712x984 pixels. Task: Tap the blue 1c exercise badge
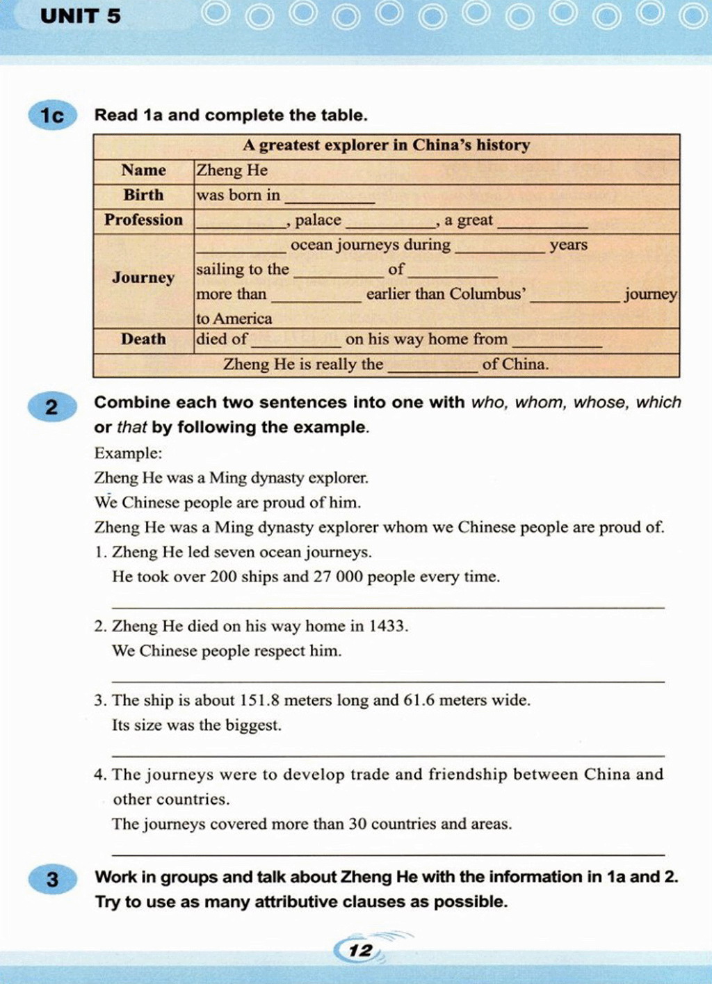52,115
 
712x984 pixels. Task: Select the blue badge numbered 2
52,407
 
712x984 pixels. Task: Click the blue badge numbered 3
52,880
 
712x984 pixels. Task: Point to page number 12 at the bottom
360,951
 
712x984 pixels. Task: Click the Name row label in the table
143,171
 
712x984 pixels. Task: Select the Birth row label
143,195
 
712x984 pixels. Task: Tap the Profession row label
143,220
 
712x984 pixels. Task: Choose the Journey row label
143,278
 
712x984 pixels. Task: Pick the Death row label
143,339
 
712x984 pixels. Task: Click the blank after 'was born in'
330,199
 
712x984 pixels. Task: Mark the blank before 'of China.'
432,369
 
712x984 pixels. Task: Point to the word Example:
128,453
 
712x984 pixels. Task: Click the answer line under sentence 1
388,607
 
